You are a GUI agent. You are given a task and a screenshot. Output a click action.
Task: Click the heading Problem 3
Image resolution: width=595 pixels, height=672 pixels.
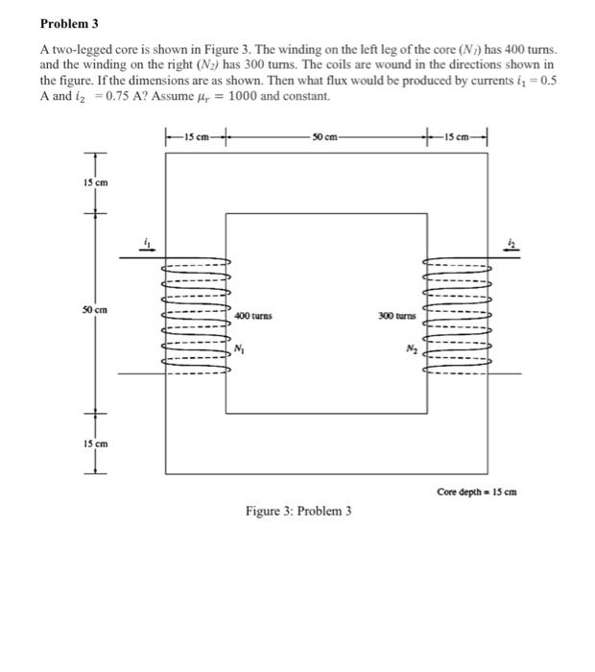[x=70, y=22]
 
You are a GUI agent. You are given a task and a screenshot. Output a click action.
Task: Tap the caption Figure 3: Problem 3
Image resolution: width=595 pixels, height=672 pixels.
[x=297, y=511]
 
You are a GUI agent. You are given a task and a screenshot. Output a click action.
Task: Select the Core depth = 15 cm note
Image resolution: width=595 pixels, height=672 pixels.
[x=477, y=492]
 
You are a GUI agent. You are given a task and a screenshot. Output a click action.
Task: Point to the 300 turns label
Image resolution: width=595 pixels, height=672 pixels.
[x=396, y=315]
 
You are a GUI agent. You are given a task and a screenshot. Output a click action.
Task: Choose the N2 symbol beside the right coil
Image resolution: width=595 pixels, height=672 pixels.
[x=411, y=348]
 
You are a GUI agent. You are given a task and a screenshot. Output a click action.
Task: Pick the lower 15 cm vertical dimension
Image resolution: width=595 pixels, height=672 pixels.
[x=101, y=444]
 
